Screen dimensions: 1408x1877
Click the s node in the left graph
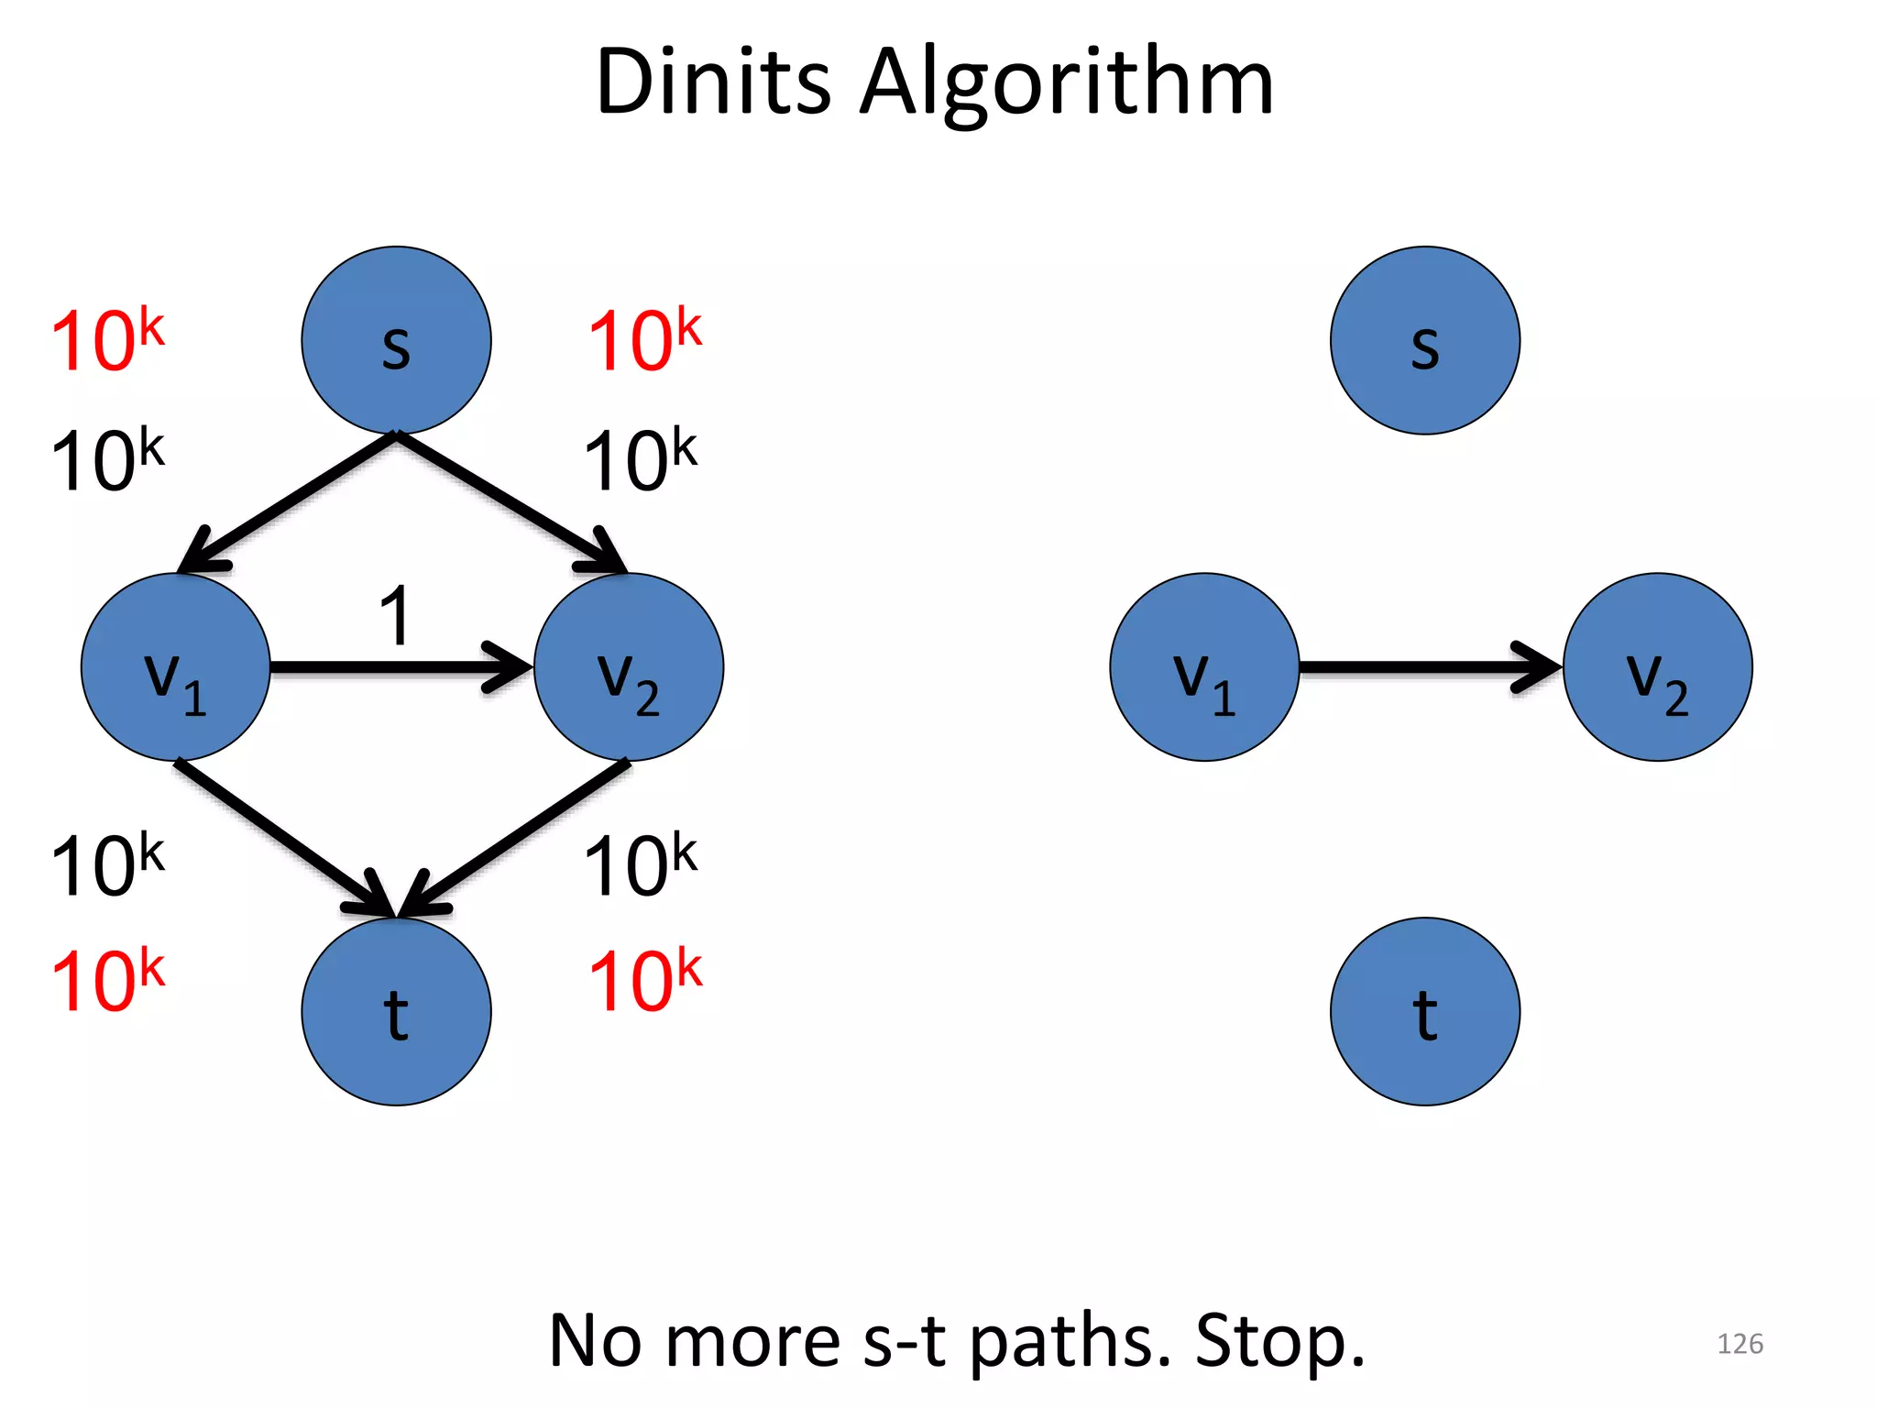(x=396, y=340)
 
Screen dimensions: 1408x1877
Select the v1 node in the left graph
(x=175, y=667)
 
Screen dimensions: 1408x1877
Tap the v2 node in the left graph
(x=629, y=667)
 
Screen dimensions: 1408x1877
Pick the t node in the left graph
(x=396, y=1011)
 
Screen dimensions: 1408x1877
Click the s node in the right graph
(x=1425, y=340)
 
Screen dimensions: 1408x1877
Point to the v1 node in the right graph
(x=1204, y=667)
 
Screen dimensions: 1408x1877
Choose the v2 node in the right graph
(x=1658, y=667)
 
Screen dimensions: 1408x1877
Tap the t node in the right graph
(x=1425, y=1011)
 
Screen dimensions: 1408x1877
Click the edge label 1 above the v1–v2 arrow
(x=395, y=616)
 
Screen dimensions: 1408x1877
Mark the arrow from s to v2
(x=510, y=501)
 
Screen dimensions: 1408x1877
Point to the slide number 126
(x=1740, y=1344)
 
